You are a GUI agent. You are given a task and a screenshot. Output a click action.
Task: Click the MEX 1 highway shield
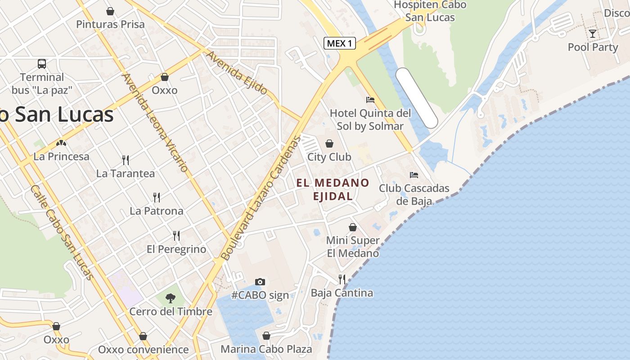[x=340, y=43]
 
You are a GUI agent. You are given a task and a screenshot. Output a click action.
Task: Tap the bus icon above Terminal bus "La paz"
[x=42, y=64]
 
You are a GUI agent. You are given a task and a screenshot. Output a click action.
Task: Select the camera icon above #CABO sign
[x=260, y=282]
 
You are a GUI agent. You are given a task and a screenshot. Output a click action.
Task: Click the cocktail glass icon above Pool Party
[x=593, y=33]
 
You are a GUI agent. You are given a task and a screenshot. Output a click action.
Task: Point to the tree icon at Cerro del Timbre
[x=170, y=297]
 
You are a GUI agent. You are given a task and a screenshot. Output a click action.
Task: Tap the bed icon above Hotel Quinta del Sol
[x=370, y=99]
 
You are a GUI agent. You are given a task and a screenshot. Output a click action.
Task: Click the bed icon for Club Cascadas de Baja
[x=414, y=175]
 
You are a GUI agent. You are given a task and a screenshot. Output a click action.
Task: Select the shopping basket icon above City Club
[x=329, y=144]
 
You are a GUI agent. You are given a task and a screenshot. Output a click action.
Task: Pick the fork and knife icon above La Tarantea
[x=126, y=160]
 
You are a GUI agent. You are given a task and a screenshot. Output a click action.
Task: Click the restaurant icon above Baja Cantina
[x=342, y=279]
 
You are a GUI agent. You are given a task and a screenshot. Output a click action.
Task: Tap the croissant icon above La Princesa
[x=61, y=143]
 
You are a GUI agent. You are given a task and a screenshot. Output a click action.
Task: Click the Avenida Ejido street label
[x=237, y=72]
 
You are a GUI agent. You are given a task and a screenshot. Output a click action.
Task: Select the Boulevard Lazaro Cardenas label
[x=260, y=198]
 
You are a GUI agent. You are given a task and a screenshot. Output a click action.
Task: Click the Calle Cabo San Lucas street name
[x=62, y=232]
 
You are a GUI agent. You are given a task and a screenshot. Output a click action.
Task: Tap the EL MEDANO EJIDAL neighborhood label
[x=333, y=189]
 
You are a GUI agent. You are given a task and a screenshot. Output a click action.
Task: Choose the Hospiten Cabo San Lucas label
[x=430, y=11]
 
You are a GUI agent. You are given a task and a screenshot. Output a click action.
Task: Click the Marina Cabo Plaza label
[x=266, y=349]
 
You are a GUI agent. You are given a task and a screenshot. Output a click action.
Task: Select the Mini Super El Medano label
[x=353, y=247]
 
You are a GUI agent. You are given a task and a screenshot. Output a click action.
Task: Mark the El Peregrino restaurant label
[x=176, y=249]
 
